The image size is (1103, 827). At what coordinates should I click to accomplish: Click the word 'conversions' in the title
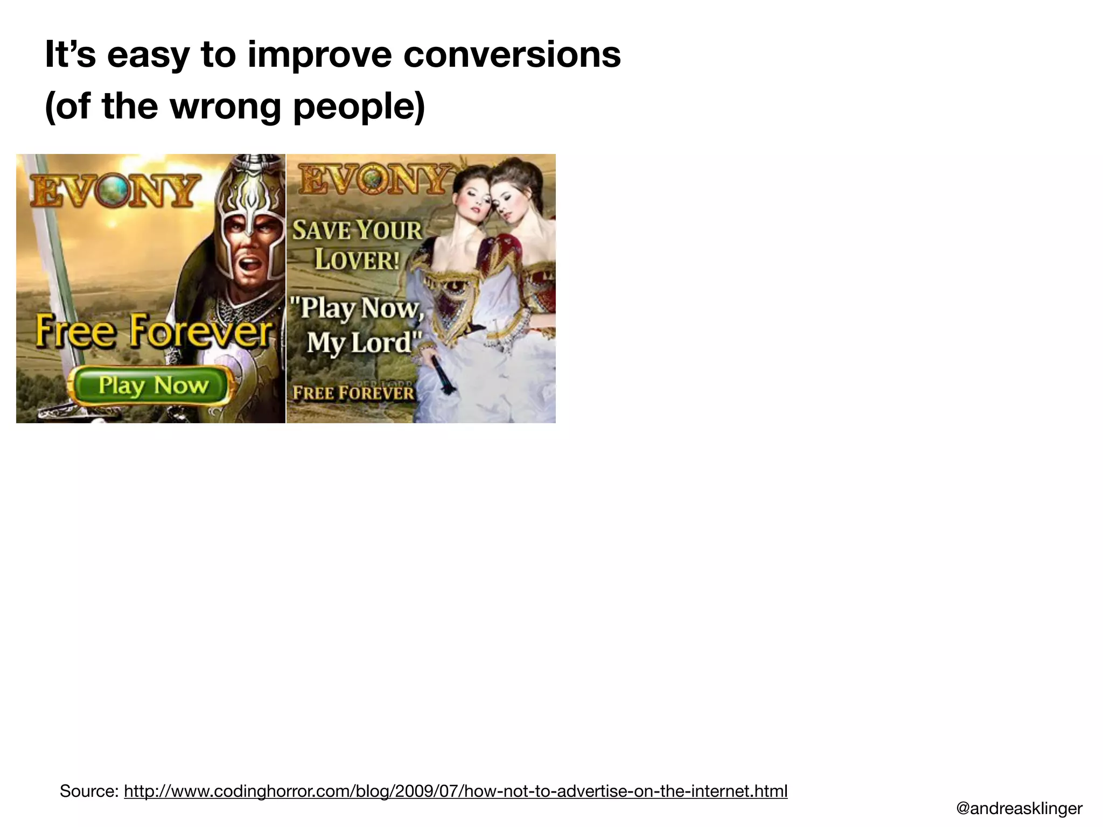pyautogui.click(x=512, y=54)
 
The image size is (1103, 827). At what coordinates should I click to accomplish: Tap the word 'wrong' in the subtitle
pyautogui.click(x=225, y=106)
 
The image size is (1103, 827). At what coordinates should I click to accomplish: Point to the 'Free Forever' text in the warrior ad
pyautogui.click(x=153, y=331)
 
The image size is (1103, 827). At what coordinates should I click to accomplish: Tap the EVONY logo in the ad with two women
pyautogui.click(x=375, y=179)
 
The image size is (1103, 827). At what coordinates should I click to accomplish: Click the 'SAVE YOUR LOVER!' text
pyautogui.click(x=357, y=245)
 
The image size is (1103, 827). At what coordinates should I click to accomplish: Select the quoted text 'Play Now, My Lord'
pyautogui.click(x=357, y=325)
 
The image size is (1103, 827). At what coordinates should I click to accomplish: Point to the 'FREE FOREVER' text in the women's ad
pyautogui.click(x=353, y=393)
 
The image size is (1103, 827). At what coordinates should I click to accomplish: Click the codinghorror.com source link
pyautogui.click(x=455, y=791)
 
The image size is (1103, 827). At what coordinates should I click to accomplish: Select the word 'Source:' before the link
pyautogui.click(x=89, y=791)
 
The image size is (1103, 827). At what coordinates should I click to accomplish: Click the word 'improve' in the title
pyautogui.click(x=319, y=55)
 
